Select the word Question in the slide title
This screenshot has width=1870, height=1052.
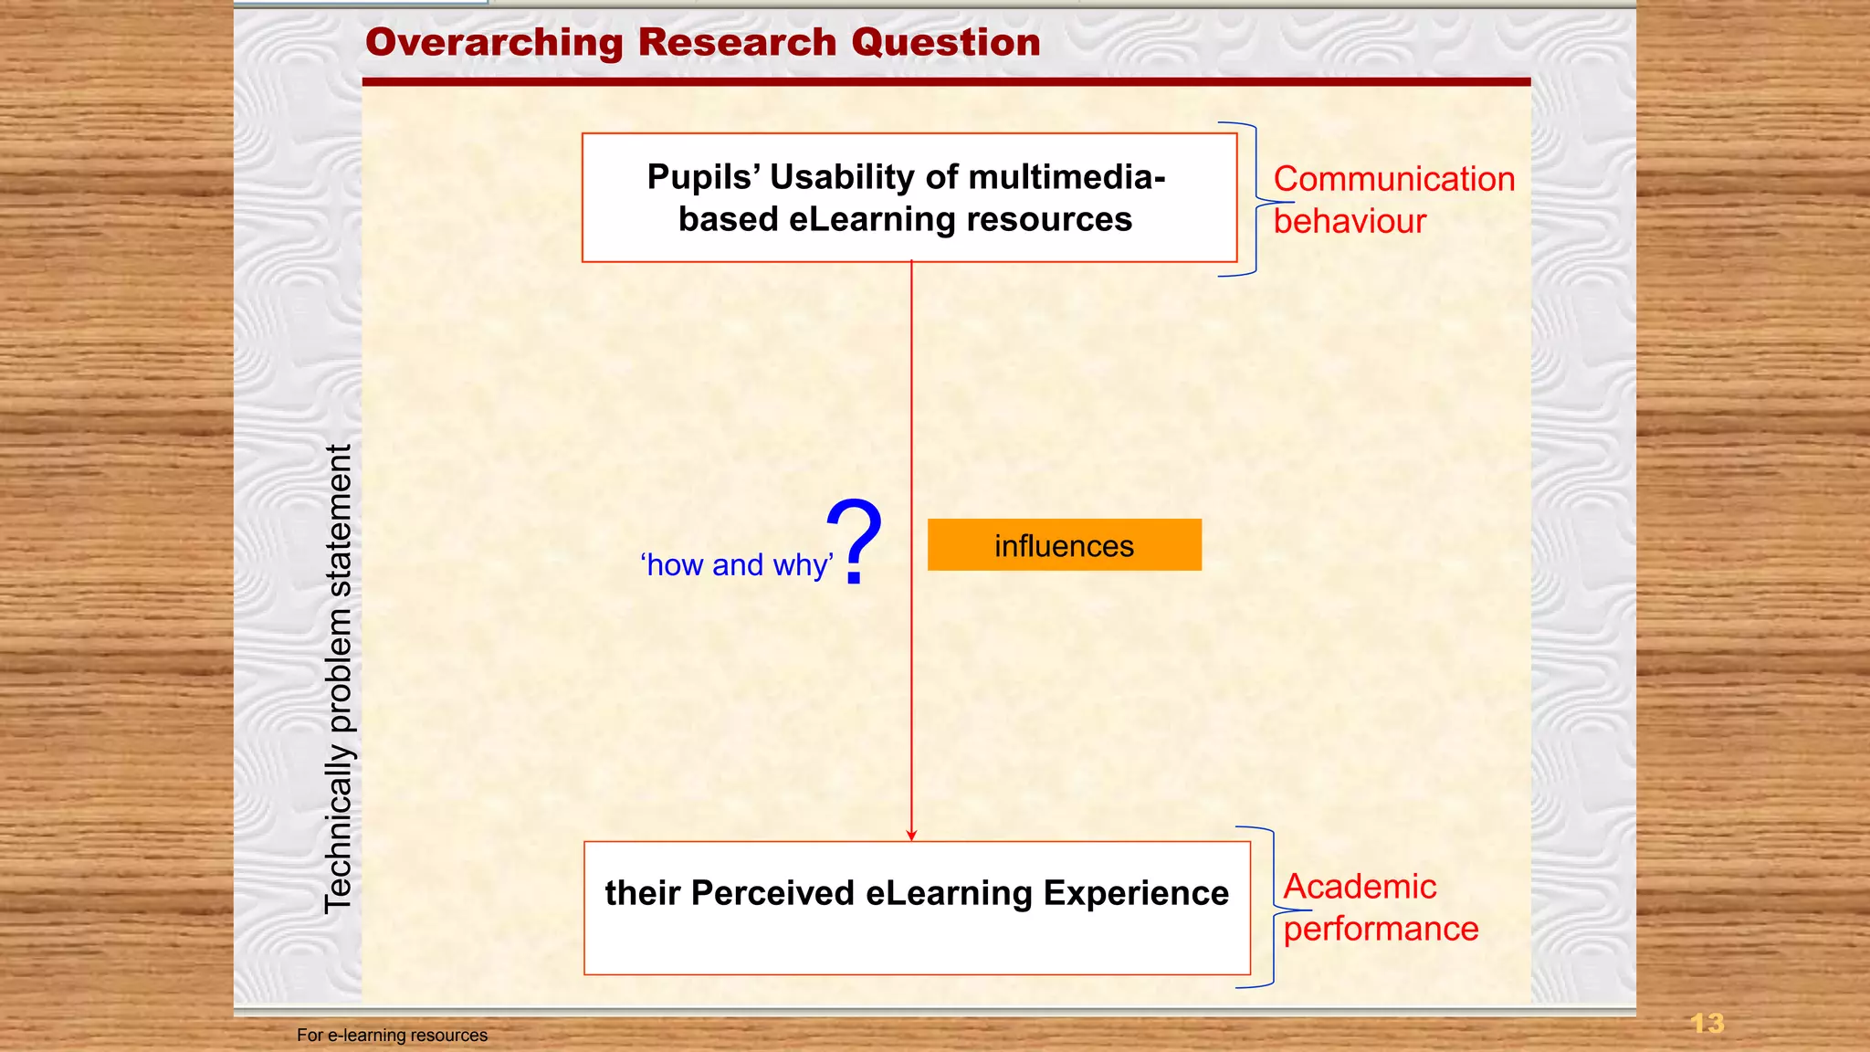(945, 43)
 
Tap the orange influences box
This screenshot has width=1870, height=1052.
(1064, 545)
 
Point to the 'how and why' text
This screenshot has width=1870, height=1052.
(736, 565)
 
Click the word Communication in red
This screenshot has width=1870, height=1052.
(1393, 179)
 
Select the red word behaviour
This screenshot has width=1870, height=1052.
(1350, 221)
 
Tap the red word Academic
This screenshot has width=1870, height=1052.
(1360, 887)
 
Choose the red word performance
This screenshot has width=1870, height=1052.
(1381, 929)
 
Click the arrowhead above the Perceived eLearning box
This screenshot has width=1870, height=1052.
(911, 834)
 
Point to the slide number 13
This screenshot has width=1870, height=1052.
(1707, 1023)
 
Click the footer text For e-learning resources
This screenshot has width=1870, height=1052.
(392, 1035)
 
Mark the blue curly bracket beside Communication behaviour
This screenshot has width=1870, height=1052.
(1256, 199)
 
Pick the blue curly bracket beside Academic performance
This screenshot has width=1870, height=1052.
(1273, 908)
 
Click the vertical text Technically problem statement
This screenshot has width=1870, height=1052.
(338, 679)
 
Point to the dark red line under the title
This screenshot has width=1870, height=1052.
(946, 82)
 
